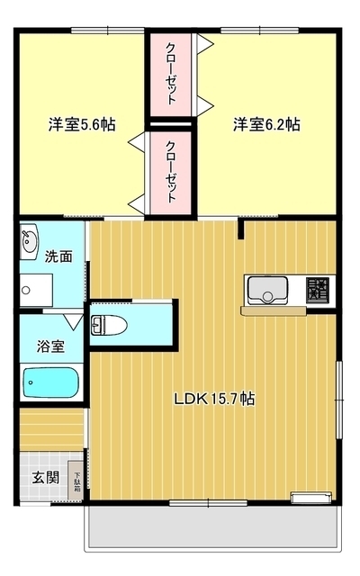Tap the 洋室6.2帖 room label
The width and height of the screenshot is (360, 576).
[267, 125]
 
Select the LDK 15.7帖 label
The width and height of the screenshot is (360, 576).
[212, 399]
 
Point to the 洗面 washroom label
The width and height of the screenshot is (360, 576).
[58, 256]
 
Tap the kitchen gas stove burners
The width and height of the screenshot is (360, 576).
[317, 290]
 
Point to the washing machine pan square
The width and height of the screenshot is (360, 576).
[35, 289]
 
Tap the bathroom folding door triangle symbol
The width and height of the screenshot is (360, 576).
[74, 319]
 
